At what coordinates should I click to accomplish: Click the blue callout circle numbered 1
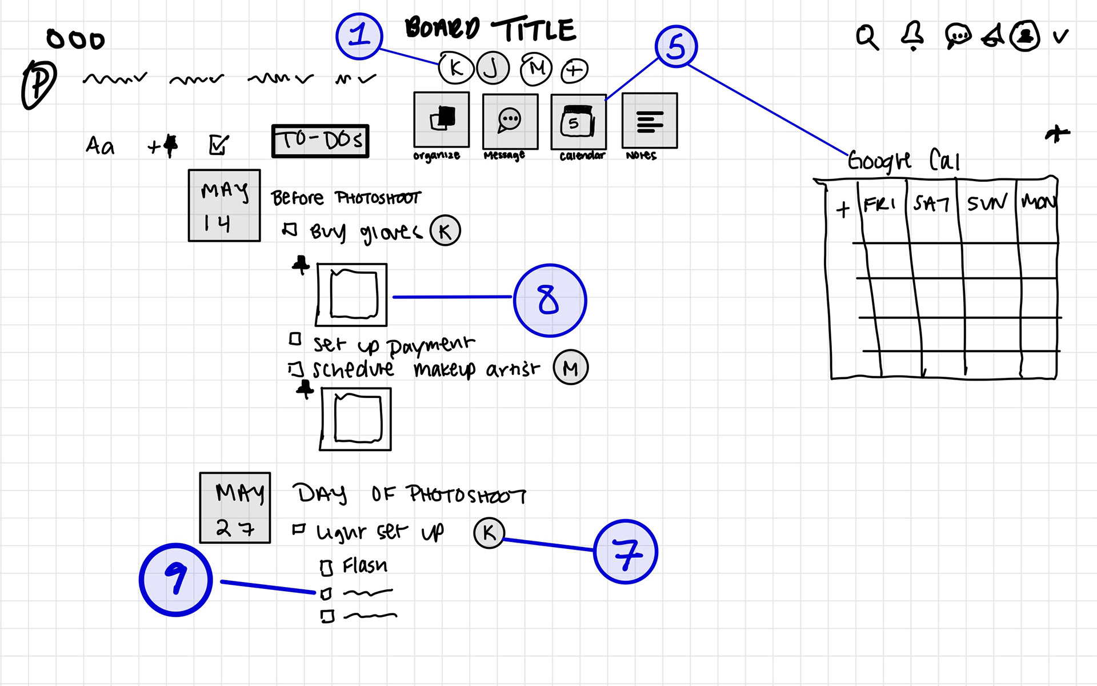point(359,36)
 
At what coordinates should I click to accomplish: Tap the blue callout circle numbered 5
point(676,46)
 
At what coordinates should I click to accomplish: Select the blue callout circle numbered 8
point(550,300)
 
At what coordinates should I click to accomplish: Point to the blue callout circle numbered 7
point(626,552)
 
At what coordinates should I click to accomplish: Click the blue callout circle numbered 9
point(176,579)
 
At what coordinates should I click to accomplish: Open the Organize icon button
point(442,119)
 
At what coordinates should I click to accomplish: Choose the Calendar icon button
point(578,121)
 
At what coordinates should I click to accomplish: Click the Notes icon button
point(650,121)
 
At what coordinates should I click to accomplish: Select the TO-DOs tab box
point(320,141)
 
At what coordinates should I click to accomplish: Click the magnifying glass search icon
point(867,37)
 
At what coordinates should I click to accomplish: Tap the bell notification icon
point(912,35)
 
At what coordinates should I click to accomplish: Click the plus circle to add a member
point(574,70)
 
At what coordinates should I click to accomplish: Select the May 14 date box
point(225,206)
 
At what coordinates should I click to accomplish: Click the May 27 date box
point(235,508)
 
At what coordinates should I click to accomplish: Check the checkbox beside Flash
point(326,568)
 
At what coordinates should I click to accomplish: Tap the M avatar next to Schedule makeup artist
point(570,368)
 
